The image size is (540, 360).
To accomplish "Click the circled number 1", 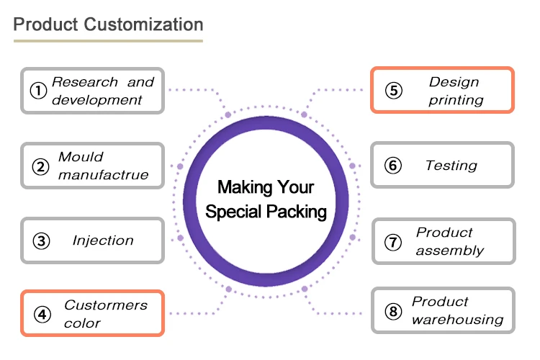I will click(38, 91).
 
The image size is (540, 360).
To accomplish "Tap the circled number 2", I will click(40, 166).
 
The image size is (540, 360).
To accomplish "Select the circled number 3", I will click(41, 240).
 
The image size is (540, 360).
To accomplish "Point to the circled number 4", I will click(42, 314).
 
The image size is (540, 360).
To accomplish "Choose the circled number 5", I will click(392, 91).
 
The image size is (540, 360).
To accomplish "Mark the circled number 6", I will click(392, 166).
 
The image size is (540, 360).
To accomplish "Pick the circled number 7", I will click(392, 242).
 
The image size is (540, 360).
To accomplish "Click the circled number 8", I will click(392, 311).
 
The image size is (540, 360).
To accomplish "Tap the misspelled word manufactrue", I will click(104, 175).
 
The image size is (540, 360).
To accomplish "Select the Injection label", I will click(103, 240).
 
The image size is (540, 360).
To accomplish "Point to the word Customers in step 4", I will click(106, 305).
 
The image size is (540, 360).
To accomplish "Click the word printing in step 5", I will click(456, 100).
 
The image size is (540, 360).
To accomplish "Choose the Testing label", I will click(451, 166).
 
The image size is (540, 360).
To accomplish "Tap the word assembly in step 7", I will click(450, 251).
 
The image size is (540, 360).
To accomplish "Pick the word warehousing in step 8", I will click(457, 320).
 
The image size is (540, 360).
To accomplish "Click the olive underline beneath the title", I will click(108, 41).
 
